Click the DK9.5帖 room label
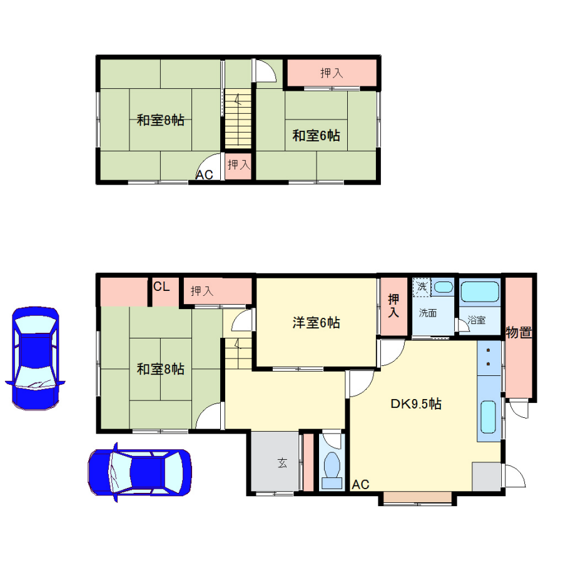(x=416, y=404)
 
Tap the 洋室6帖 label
(x=316, y=323)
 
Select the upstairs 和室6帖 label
(x=316, y=136)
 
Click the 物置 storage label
(x=519, y=333)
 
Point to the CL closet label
(x=161, y=287)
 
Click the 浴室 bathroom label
(x=477, y=320)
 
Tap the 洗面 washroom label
(x=428, y=313)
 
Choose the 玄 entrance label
(x=282, y=463)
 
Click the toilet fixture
(x=332, y=470)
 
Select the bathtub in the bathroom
(x=480, y=292)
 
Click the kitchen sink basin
(x=488, y=417)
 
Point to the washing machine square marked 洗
(x=422, y=287)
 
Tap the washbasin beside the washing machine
(x=444, y=287)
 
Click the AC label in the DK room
(x=360, y=485)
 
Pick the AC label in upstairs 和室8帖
(x=205, y=175)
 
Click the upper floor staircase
(x=238, y=118)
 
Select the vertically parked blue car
(x=35, y=358)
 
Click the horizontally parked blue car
(x=139, y=472)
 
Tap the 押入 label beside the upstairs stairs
(x=239, y=165)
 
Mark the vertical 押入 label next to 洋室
(x=393, y=305)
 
